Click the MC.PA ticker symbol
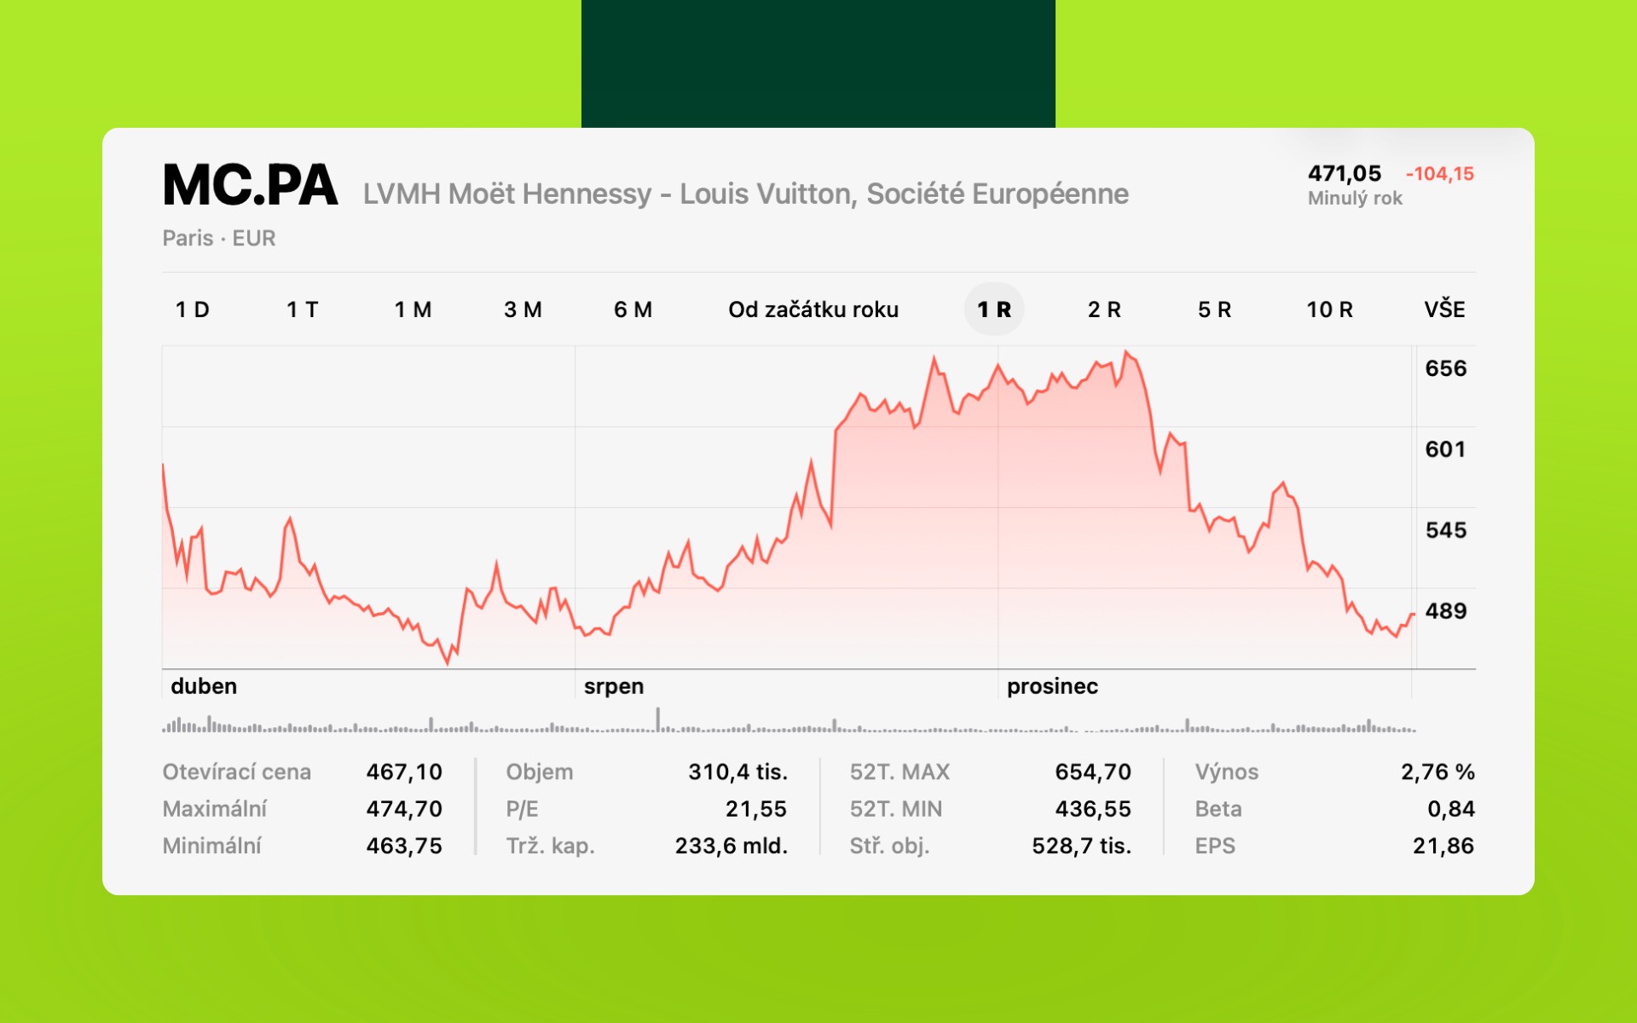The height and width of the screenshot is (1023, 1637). [x=250, y=186]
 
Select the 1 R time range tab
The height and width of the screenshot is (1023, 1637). [x=993, y=309]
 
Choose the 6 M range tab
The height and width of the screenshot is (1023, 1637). [x=633, y=309]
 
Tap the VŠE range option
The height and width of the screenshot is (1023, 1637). [x=1444, y=309]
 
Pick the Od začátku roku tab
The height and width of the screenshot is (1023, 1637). [x=813, y=309]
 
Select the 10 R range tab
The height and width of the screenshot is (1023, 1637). [x=1329, y=309]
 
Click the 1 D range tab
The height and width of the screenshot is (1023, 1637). [x=192, y=309]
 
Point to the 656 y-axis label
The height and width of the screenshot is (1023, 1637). [x=1445, y=368]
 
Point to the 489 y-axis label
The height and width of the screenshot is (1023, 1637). [x=1445, y=610]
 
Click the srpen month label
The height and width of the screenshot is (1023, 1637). [x=613, y=686]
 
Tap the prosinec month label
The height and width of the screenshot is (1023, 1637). [x=1051, y=686]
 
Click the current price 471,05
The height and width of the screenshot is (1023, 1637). [x=1344, y=174]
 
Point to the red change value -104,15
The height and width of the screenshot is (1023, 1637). [x=1439, y=174]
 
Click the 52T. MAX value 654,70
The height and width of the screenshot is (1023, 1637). [x=1092, y=772]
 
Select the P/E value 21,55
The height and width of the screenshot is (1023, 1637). [x=755, y=808]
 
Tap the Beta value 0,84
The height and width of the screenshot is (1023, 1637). [x=1450, y=808]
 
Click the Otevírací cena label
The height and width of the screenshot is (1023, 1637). [x=236, y=772]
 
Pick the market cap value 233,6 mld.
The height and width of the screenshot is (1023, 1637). [x=731, y=846]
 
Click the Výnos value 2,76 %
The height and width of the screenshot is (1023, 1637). [x=1437, y=772]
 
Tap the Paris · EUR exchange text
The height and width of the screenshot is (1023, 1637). [x=218, y=238]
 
